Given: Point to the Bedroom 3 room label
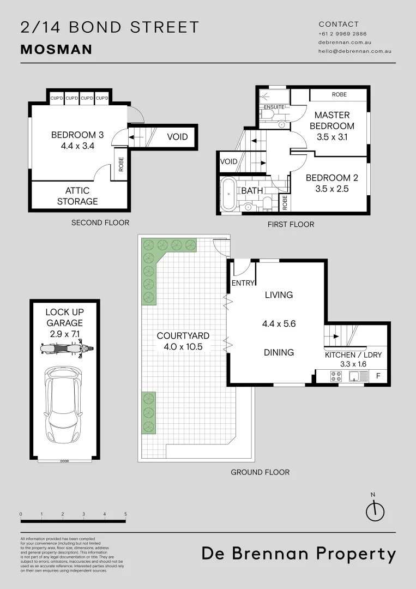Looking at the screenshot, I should (77, 141).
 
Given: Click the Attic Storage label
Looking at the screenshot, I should (81, 196).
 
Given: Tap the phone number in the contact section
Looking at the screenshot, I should (342, 34).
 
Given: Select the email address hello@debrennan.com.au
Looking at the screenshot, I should (354, 51).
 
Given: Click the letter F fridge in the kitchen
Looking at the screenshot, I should (378, 376).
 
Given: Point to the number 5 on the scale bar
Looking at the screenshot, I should (125, 514).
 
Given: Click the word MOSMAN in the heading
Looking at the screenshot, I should (56, 50).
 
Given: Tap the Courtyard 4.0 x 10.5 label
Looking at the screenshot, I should (183, 341).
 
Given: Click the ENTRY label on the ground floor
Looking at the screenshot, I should (243, 283).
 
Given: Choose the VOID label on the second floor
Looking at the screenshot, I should (177, 136).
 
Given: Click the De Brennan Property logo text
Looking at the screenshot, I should (299, 554).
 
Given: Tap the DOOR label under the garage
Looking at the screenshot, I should (65, 461).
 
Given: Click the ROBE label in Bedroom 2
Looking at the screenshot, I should (285, 203).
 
